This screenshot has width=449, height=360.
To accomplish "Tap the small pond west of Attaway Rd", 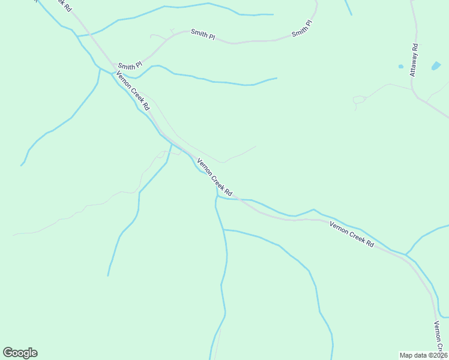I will tap(400, 66).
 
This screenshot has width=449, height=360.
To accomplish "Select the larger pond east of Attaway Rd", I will tap(436, 65).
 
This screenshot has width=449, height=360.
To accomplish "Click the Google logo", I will tap(20, 352).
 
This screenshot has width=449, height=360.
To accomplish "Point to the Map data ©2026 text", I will tap(423, 355).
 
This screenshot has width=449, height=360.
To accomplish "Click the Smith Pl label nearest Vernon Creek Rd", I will tap(130, 65).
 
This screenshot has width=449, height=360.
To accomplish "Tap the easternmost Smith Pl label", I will tap(302, 29).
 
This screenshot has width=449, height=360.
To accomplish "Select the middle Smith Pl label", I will tap(203, 34).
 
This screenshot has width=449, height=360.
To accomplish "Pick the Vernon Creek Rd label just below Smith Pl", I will tap(133, 91).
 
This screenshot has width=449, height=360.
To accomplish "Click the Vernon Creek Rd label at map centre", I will tap(214, 177).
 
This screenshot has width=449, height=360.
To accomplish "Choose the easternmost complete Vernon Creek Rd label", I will tap(352, 235).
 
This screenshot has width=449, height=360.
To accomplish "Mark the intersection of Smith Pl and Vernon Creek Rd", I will tap(114, 65).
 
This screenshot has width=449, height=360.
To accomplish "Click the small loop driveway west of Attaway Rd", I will tap(359, 99).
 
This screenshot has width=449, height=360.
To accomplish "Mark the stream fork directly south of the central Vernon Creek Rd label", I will tap(217, 196).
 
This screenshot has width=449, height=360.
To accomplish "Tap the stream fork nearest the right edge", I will tap(406, 254).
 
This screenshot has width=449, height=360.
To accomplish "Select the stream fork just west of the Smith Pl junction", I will tap(100, 68).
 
